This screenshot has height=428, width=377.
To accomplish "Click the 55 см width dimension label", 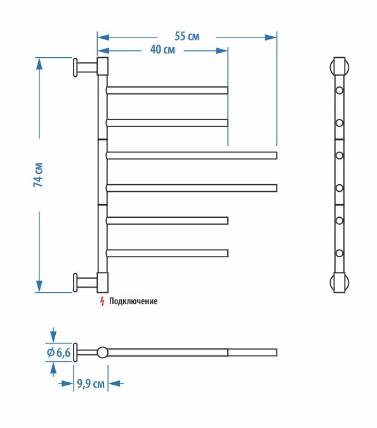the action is tap(187, 36).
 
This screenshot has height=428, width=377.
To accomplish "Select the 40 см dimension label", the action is tap(162, 50).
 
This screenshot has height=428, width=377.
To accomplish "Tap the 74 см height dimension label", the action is tap(38, 175).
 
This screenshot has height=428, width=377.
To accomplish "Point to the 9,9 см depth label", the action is tap(91, 384).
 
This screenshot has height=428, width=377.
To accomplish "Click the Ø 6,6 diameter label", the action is tap(58, 352).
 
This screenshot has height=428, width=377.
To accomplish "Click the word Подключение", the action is tap(133, 301).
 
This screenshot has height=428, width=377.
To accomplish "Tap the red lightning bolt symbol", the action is tap(102, 301).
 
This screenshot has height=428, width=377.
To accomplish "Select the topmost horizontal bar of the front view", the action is tap(167, 90).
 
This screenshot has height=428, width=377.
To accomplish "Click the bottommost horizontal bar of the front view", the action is tap(167, 253).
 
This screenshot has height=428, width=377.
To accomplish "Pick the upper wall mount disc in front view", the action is tap(75, 67).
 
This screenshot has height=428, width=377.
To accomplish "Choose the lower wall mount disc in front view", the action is tap(75, 283).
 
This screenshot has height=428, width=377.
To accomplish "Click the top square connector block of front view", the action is tap(103, 66).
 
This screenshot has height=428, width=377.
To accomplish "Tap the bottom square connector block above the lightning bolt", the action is tap(103, 283).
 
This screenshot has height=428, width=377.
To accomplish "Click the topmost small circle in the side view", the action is tap(340, 90).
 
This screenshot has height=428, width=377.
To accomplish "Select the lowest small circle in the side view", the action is tap(340, 253).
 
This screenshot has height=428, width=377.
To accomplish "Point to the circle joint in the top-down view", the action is tap(103, 352).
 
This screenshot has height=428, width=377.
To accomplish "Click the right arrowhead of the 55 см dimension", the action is tap(270, 37).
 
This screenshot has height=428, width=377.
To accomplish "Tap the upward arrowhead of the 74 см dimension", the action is tap(39, 64).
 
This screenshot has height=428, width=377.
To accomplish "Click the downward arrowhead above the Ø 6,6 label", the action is tap(53, 337).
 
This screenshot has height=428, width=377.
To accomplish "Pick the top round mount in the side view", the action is tap(340, 67).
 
